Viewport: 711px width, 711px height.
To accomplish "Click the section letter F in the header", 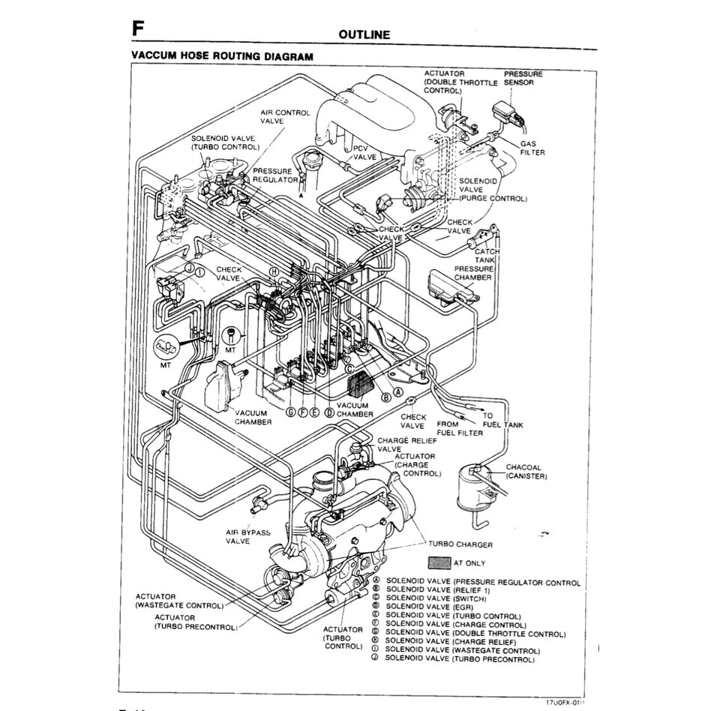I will (137, 28).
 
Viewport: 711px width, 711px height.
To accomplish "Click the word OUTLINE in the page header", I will (364, 34).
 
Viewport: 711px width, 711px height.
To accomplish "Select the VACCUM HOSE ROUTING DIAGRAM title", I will (222, 56).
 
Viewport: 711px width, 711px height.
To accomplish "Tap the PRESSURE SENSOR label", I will (519, 79).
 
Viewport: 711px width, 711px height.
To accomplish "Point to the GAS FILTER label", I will (532, 148).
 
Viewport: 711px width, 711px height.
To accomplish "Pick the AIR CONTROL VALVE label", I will (285, 116).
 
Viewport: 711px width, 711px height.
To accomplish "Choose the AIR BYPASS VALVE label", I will (247, 536).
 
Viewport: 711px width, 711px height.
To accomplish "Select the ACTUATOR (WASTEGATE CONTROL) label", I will (179, 601).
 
